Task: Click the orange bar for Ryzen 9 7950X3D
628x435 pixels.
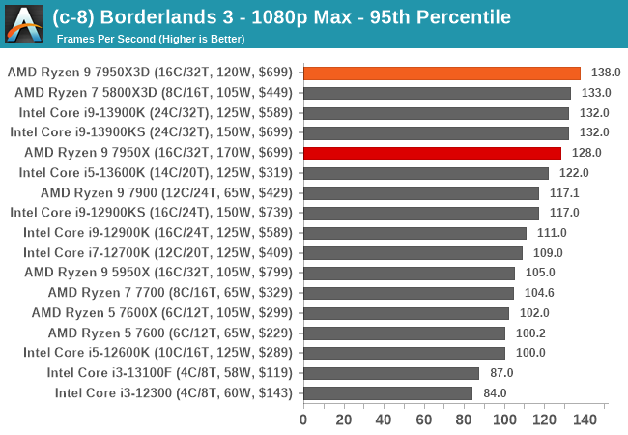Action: (442, 72)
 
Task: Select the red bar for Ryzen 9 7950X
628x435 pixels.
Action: (432, 153)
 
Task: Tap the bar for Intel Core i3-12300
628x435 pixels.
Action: (387, 392)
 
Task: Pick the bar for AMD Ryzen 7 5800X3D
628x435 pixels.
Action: (437, 93)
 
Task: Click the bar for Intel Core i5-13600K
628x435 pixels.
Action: (425, 173)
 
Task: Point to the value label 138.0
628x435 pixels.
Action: (606, 72)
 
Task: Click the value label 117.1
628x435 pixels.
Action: (564, 192)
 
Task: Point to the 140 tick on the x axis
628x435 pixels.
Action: (585, 420)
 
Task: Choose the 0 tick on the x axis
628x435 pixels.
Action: (303, 420)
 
